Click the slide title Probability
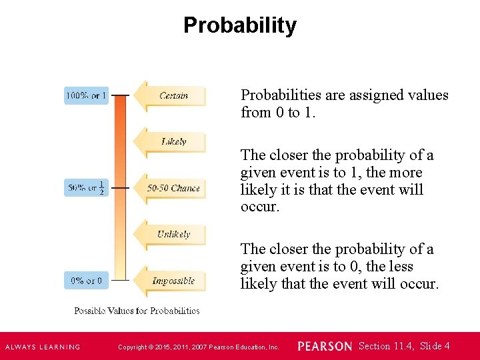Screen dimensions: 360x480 point(240,25)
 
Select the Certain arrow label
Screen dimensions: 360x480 point(173,95)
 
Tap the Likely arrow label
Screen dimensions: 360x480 point(173,141)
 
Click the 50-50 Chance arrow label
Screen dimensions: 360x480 point(173,188)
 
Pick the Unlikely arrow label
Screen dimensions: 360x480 point(173,234)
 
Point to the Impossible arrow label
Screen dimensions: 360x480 point(173,281)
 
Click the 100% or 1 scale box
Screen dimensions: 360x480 point(86,95)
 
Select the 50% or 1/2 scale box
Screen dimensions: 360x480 point(86,188)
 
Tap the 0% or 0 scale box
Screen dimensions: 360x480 point(86,281)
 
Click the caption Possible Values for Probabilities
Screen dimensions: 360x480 point(137,311)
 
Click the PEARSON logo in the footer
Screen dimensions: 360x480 point(325,347)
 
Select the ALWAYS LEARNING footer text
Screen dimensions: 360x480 point(43,347)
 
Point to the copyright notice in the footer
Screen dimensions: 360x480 point(198,347)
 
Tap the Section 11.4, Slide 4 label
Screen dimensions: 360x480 point(404,346)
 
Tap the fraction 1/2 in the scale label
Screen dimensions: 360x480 point(101,188)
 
